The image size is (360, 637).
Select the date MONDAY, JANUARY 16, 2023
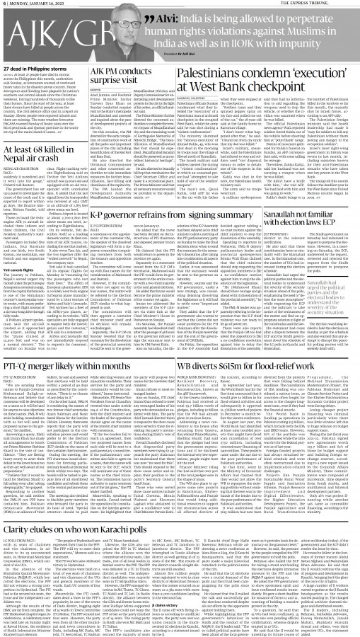pyautogui.click(x=33, y=4)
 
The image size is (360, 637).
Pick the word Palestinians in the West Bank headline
pyautogui.click(x=212, y=52)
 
